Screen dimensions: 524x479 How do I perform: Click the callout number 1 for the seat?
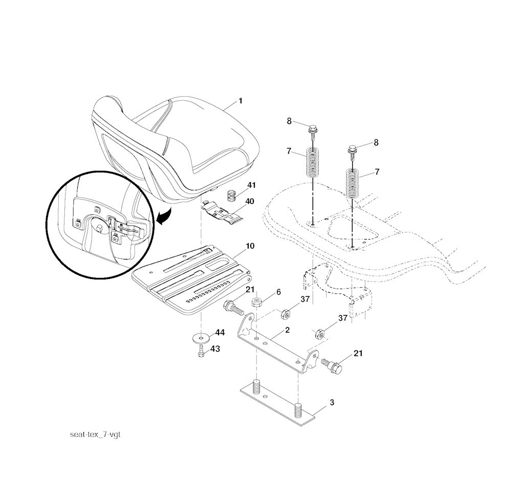click(241, 101)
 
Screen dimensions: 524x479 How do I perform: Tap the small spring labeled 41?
click(231, 195)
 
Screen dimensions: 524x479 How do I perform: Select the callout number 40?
click(250, 201)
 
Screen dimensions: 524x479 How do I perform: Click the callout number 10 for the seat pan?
click(250, 246)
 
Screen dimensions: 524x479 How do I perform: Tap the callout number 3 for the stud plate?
click(332, 402)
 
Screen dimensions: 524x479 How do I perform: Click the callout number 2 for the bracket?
click(287, 330)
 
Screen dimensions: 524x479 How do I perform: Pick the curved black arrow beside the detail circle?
click(165, 216)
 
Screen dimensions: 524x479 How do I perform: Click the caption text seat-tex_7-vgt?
click(95, 434)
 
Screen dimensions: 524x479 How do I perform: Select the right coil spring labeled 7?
click(352, 184)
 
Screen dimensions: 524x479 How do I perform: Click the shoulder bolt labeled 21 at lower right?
click(332, 366)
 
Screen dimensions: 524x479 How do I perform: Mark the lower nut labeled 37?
click(320, 334)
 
